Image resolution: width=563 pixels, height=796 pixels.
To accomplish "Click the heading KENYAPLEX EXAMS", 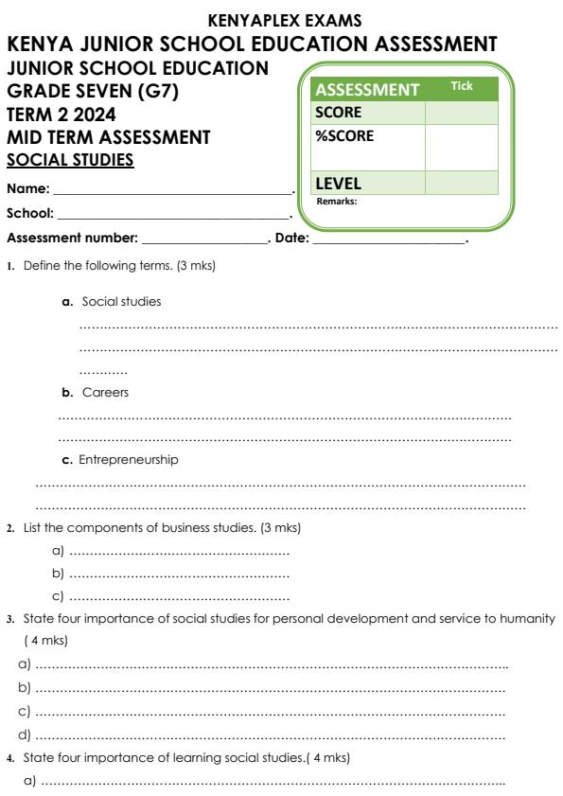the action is pos(281,20).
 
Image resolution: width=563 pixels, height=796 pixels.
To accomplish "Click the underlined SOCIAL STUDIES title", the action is pos(71,159).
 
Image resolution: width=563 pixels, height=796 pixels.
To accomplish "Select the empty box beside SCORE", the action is pos(461,113).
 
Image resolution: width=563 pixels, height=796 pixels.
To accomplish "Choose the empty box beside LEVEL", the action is pos(461,182).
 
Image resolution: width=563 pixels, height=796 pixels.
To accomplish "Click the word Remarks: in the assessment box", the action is pos(335,201).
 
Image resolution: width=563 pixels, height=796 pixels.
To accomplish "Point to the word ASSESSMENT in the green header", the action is pos(367,91).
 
